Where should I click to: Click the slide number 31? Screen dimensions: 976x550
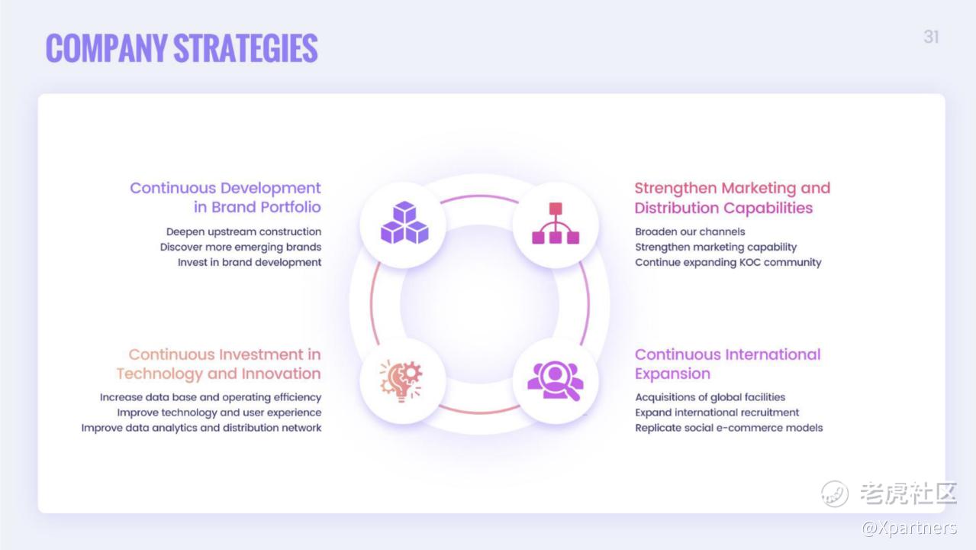tap(931, 37)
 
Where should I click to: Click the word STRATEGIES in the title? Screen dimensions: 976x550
tap(246, 48)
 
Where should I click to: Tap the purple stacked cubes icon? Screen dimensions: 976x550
tap(404, 222)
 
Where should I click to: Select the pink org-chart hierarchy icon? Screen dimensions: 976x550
tap(556, 223)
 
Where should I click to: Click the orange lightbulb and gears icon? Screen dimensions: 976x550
tap(401, 380)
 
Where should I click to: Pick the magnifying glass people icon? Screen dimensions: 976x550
tap(556, 380)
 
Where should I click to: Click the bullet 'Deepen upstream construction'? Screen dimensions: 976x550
tap(243, 231)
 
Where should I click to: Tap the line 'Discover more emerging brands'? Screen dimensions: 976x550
tap(240, 247)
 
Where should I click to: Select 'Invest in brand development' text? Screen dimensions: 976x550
tap(250, 262)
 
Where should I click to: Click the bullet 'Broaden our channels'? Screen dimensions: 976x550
tap(690, 231)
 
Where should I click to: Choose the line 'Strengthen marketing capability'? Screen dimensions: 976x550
tap(716, 247)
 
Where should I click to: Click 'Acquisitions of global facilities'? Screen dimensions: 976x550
tap(710, 397)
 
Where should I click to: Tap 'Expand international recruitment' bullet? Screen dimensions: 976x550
tap(717, 412)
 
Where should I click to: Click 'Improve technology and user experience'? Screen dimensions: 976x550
tap(219, 412)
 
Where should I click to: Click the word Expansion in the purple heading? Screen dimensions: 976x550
tap(672, 374)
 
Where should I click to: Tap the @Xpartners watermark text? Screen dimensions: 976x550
tap(910, 528)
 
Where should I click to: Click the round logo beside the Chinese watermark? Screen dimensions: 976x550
tap(834, 493)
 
